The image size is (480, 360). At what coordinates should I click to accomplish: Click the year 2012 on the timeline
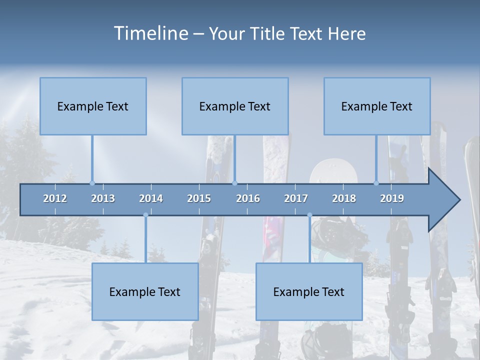click(55, 198)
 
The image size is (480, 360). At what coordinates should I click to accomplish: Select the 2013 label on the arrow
click(103, 198)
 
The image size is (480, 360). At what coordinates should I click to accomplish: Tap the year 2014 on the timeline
click(151, 198)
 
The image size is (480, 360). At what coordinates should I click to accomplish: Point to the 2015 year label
click(199, 198)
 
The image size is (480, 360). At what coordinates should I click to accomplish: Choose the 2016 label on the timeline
click(248, 198)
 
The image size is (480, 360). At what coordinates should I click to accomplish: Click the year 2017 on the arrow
click(296, 198)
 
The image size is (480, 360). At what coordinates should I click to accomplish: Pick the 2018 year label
click(344, 198)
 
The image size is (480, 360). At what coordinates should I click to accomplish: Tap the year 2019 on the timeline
click(392, 198)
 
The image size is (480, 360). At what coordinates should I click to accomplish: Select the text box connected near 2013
click(93, 106)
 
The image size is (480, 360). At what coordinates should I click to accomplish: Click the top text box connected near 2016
click(235, 106)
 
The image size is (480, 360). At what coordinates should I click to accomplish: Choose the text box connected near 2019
click(377, 106)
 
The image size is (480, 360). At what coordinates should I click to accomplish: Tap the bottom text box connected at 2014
click(145, 291)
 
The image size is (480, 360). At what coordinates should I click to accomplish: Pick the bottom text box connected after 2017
click(309, 291)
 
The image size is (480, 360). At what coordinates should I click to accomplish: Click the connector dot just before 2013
click(92, 183)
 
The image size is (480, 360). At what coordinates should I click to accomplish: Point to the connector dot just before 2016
click(235, 183)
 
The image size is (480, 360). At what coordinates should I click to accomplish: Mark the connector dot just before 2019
click(376, 183)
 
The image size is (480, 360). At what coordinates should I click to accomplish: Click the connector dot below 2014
click(145, 215)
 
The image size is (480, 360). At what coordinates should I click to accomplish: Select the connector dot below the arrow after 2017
click(309, 215)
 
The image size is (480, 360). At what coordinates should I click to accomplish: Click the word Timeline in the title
click(151, 33)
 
